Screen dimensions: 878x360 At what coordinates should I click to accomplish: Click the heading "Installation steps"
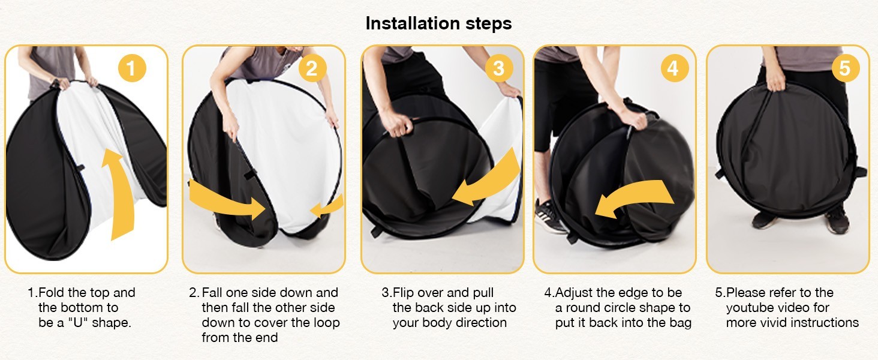coord(438,23)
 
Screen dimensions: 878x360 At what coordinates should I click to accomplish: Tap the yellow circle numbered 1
coord(132,68)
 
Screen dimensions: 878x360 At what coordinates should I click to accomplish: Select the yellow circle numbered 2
coord(312,68)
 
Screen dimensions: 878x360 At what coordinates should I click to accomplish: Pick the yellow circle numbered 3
coord(498,68)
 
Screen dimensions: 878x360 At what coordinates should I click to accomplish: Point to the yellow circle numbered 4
coord(675,68)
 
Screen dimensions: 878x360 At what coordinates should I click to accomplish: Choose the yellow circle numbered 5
coord(846,68)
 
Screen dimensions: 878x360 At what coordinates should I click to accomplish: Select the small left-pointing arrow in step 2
coord(326,206)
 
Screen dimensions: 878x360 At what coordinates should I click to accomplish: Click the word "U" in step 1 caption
coord(77,322)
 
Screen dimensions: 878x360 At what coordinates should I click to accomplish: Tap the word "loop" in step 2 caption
coord(325,323)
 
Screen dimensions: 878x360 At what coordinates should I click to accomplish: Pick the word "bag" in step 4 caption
coord(680,323)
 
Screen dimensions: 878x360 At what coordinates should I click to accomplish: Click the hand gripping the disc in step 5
coord(776,80)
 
